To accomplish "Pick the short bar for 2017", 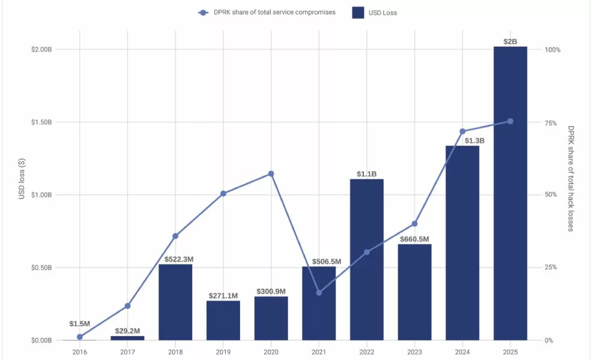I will click(x=127, y=338).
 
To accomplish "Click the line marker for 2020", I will click(x=271, y=174).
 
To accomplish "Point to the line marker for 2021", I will click(x=319, y=293).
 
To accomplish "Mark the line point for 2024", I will click(x=462, y=131).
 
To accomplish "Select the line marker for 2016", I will click(x=80, y=337).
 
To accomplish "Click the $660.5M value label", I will click(x=414, y=239).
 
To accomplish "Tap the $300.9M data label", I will click(x=271, y=292).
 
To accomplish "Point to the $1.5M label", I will click(x=80, y=324).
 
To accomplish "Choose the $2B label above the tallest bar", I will click(x=510, y=41).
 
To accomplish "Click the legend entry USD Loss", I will click(x=375, y=13).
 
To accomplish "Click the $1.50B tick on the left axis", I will click(x=41, y=122).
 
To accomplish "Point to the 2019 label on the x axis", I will click(x=223, y=352).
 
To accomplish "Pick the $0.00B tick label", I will click(x=41, y=340).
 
